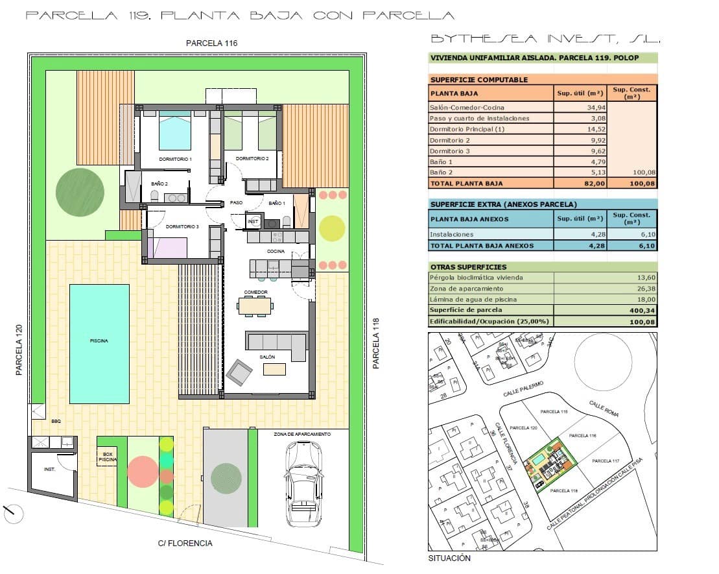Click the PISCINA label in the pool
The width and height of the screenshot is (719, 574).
coord(99,341)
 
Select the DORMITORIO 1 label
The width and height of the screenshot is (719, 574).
coord(175,159)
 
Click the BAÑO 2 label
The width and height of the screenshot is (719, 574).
coord(159,184)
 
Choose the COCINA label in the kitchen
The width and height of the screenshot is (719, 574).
coord(276,251)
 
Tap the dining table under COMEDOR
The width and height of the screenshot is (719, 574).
coord(255,305)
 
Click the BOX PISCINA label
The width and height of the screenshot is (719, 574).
coord(108,457)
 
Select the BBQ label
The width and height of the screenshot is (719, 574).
coord(56,422)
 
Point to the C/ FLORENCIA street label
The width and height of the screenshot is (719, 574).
coord(185,543)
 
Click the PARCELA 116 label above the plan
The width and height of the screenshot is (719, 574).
coord(212,43)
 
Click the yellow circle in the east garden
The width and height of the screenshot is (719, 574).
coord(332,228)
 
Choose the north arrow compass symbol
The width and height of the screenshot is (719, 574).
coord(13,514)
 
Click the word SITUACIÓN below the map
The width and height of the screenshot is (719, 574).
coord(449,558)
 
